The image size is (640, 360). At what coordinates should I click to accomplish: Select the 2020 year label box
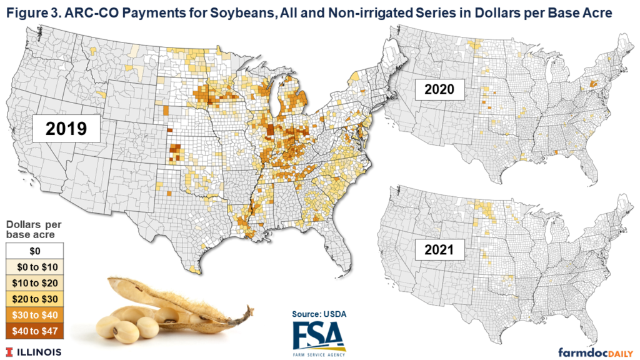tap(439, 89)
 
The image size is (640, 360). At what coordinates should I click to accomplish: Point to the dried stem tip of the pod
tap(249, 310)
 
